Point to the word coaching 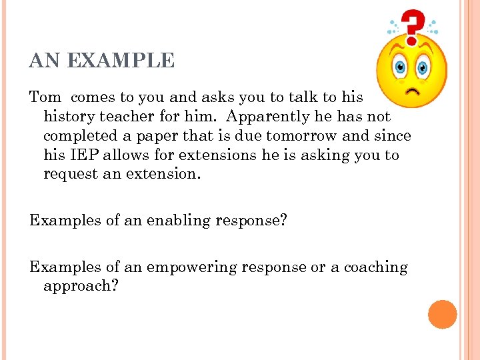click(x=375, y=267)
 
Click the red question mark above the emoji click(x=414, y=25)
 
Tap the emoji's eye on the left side click(x=401, y=68)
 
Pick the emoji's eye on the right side click(x=423, y=67)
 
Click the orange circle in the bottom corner click(x=442, y=314)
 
